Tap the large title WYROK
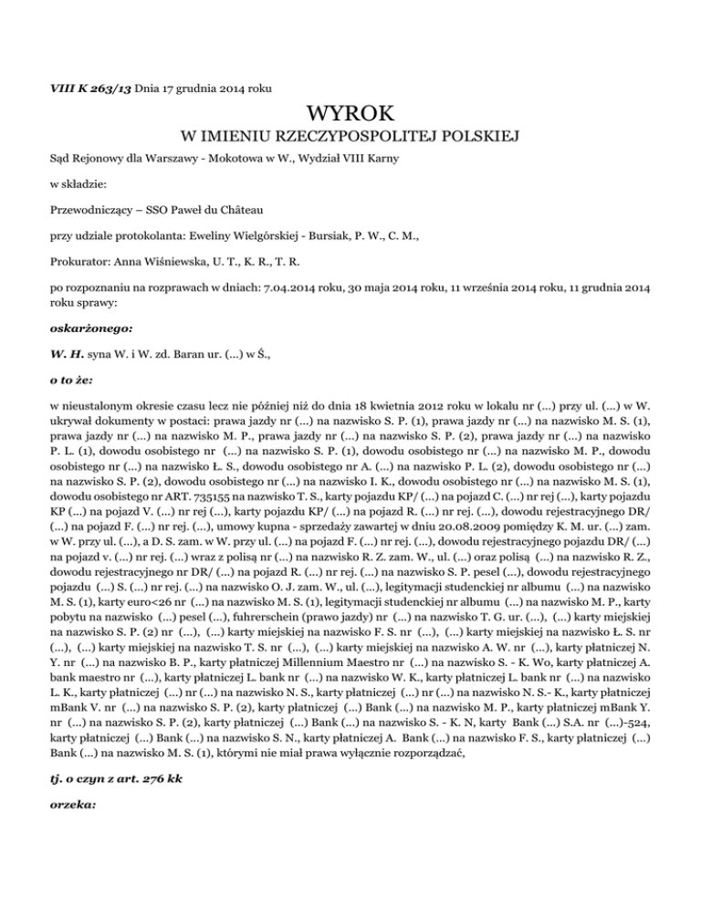point(350,114)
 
